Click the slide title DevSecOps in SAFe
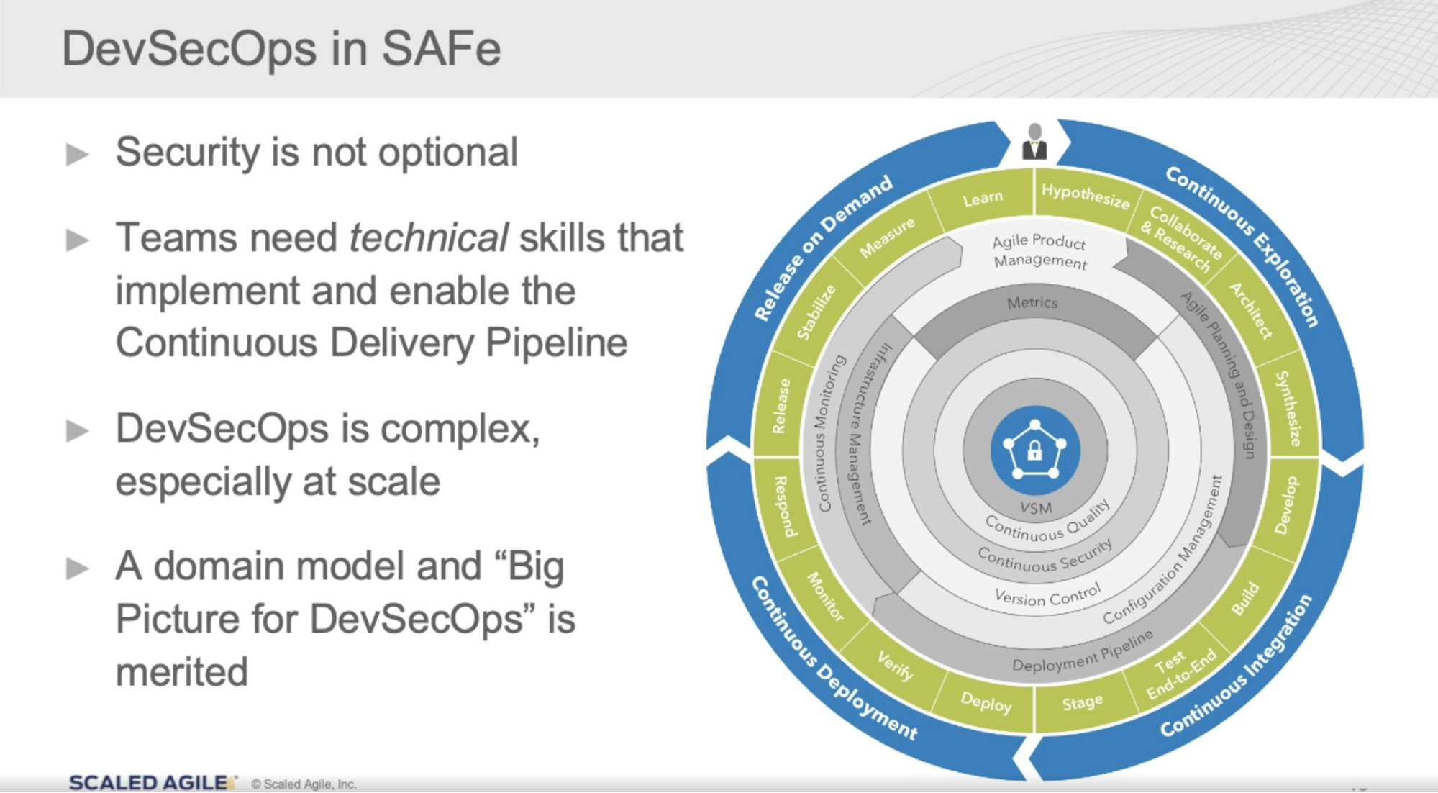tap(281, 49)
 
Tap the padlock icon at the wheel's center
tap(1034, 450)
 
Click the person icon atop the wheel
tap(1034, 142)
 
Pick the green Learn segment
tap(983, 198)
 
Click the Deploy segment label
tap(986, 702)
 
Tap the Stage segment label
tap(1082, 702)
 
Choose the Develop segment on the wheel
tap(1288, 505)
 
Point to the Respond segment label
tap(784, 506)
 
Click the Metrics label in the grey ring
tap(1032, 303)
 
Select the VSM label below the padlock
tap(1035, 508)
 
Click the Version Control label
tap(1047, 597)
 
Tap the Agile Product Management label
tap(1039, 250)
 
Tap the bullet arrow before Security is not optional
tap(77, 154)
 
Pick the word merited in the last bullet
tap(182, 672)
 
